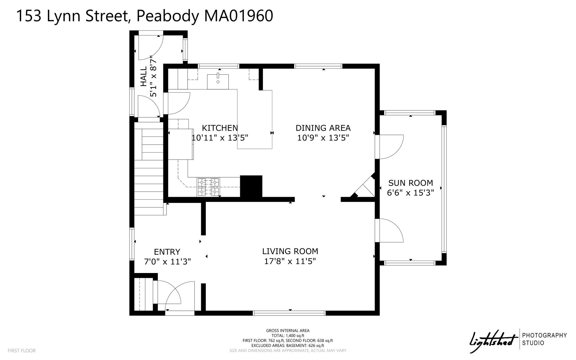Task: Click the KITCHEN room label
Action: pos(220,128)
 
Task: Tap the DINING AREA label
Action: pos(323,128)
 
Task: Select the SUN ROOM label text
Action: pos(411,183)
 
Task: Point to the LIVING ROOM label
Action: pos(290,251)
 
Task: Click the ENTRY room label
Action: pos(167,252)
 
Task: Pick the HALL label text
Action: pos(144,76)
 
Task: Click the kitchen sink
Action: pos(218,82)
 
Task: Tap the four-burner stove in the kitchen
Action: pos(208,187)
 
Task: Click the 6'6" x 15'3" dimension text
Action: pos(411,193)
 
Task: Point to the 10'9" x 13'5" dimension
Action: pos(323,138)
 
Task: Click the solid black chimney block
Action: pos(251,186)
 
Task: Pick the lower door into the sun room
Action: pos(390,230)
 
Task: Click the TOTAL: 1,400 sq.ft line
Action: pos(288,336)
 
